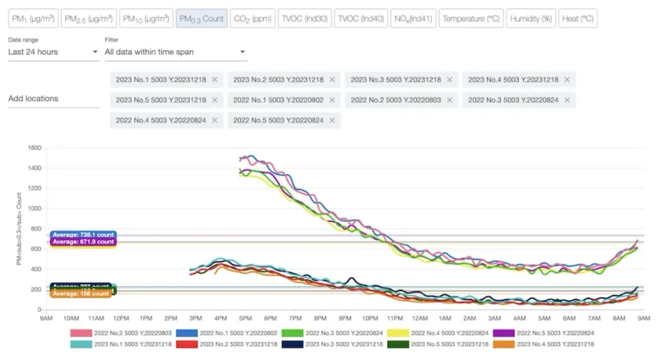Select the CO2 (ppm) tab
tap(253, 18)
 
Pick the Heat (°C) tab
tap(577, 18)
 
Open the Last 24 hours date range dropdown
tap(53, 53)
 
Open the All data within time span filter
tap(175, 53)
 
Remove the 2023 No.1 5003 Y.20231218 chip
tap(215, 80)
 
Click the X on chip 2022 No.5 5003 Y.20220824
tap(332, 120)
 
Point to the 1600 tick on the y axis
tap(34, 149)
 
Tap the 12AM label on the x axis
tap(421, 317)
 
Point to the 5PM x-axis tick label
tap(246, 317)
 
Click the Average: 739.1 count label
tap(83, 235)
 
